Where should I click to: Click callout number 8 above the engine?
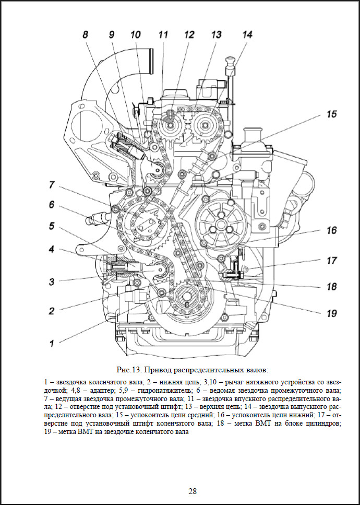click(85, 36)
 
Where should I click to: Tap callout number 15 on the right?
click(332, 114)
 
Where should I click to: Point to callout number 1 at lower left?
click(52, 343)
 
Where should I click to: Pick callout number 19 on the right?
click(332, 313)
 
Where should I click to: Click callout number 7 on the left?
click(52, 184)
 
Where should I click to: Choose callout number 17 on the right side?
click(332, 260)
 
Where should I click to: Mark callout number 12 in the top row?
click(188, 35)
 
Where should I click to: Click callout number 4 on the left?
click(52, 250)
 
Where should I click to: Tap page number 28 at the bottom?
click(193, 491)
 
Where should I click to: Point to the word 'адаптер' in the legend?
click(91, 390)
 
